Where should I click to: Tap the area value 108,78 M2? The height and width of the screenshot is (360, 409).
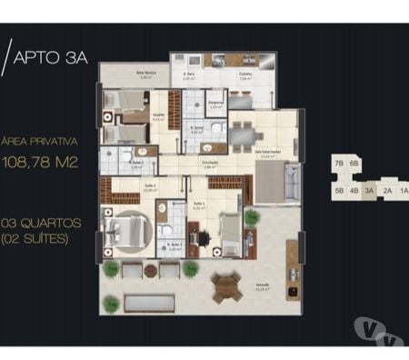[40, 165]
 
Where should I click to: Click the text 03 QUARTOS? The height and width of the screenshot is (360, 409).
[42, 222]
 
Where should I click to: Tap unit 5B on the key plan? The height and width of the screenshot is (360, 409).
[338, 191]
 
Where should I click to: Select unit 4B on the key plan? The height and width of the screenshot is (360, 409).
[354, 191]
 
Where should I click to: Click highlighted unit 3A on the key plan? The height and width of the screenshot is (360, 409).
[370, 191]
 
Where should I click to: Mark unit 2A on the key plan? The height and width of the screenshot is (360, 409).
[386, 191]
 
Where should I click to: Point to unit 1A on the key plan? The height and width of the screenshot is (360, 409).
[403, 191]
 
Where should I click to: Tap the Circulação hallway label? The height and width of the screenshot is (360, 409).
[211, 164]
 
